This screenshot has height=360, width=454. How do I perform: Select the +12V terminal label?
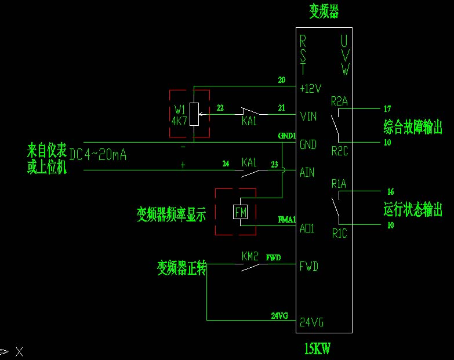310,89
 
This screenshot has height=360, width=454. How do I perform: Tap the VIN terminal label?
308,117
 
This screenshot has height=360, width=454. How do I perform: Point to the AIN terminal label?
307,172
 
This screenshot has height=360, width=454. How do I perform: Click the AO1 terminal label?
307,228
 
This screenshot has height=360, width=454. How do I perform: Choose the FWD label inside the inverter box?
308,267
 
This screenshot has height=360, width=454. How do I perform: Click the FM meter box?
240,213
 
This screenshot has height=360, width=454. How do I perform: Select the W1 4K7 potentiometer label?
180,116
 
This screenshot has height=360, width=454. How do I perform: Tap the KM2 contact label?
250,256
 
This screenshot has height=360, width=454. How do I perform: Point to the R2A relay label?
339,101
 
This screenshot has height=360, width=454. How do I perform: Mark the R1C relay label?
340,234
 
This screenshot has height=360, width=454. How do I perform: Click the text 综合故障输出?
413,126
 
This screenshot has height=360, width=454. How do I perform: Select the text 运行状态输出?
413,209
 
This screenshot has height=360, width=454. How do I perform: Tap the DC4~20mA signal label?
98,155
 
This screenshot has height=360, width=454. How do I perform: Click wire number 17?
387,108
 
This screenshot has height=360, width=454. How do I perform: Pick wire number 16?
390,191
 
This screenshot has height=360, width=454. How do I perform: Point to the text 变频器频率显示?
172,215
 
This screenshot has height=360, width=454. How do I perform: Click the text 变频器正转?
181,268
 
